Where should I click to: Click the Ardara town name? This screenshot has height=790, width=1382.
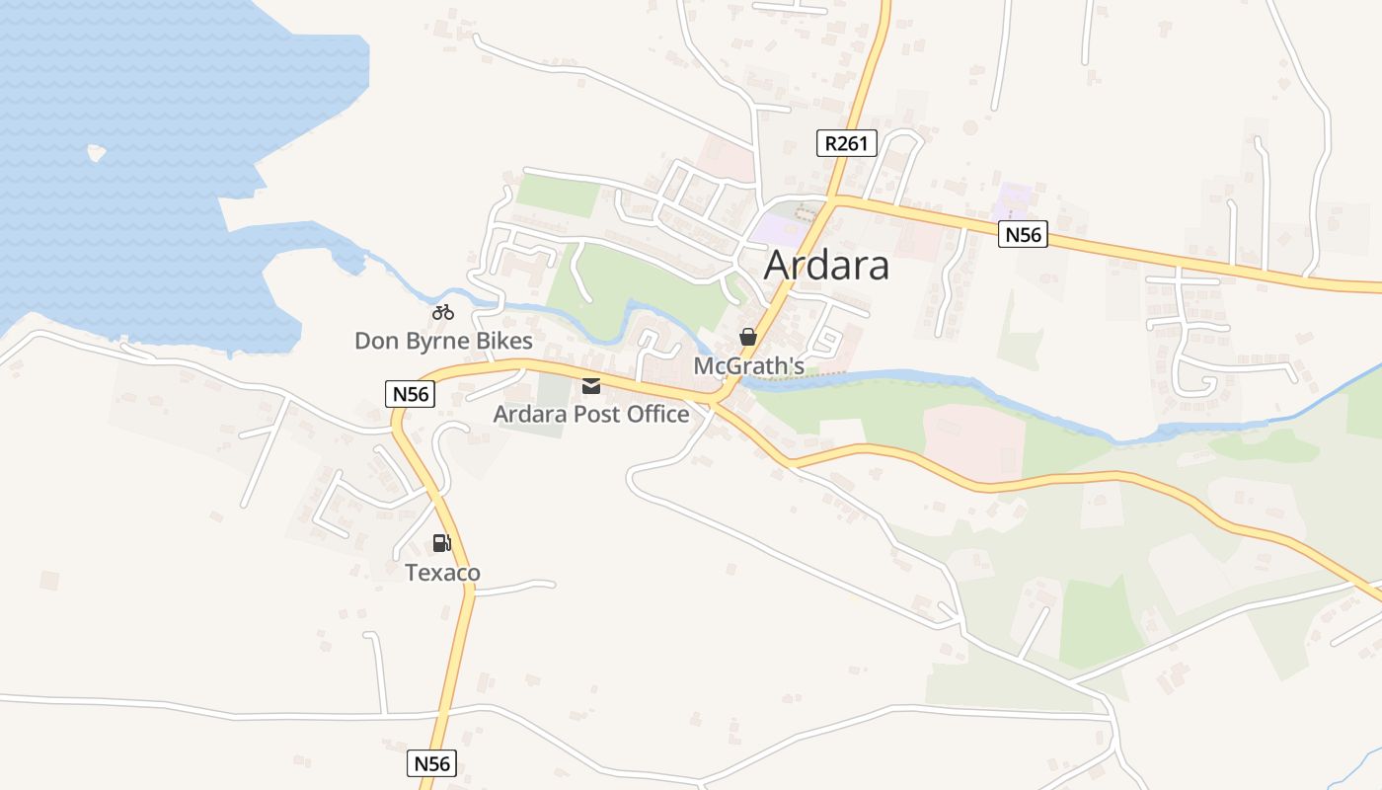826,265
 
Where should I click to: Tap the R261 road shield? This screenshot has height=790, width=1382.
847,143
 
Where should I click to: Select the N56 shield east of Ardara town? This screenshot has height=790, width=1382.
1022,235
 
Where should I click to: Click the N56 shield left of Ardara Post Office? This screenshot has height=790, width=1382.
410,394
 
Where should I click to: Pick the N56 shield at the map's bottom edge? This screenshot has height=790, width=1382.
431,763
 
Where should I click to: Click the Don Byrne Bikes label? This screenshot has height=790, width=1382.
443,342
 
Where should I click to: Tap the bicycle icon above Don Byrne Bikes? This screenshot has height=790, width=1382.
443,313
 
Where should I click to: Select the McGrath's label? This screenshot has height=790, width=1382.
748,366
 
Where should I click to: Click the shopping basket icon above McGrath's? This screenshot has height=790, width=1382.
748,337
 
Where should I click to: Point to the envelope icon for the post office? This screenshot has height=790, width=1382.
591,386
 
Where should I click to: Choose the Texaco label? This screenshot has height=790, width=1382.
442,573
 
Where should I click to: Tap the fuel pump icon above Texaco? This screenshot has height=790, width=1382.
441,543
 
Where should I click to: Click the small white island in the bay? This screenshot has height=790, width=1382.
96,153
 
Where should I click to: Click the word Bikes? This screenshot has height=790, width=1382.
503,342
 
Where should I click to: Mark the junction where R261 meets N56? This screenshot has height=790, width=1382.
834,200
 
